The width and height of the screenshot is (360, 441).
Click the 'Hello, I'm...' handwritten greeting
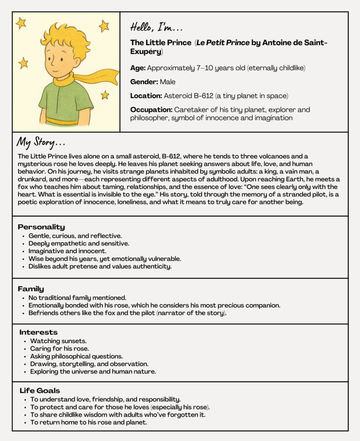[157, 28]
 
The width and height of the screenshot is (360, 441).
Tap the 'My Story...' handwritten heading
[41, 143]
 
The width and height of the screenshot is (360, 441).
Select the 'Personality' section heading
[41, 227]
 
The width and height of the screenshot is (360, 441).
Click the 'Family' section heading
[31, 289]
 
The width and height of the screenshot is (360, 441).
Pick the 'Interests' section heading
[38, 332]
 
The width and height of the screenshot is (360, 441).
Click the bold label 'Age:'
[138, 68]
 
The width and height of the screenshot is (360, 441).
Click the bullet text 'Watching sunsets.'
[58, 341]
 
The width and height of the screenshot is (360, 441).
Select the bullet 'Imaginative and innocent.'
[67, 251]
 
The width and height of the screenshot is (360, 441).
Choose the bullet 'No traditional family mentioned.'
[77, 298]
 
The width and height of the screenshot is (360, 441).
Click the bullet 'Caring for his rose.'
[59, 348]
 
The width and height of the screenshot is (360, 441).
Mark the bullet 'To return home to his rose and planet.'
[88, 422]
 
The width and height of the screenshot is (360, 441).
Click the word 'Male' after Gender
[168, 82]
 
